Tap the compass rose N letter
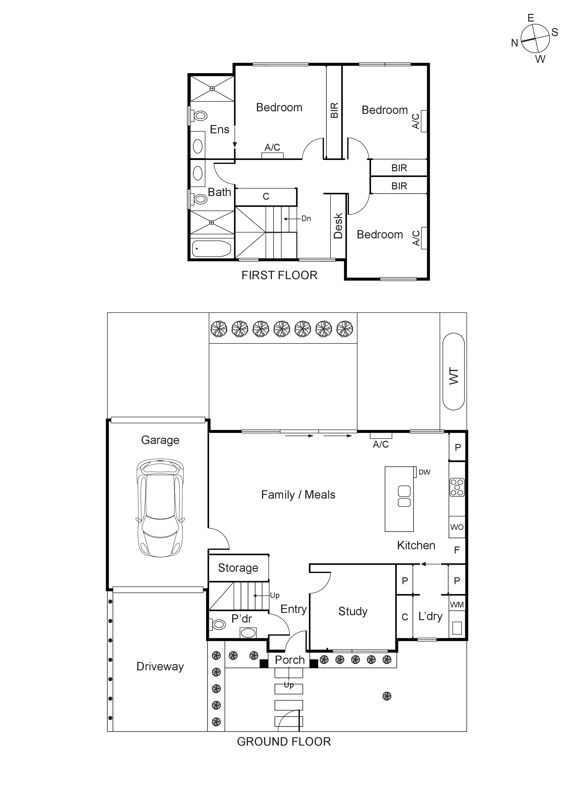click(x=515, y=43)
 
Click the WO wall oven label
click(x=457, y=527)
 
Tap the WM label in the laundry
click(x=457, y=605)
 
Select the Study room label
click(x=353, y=611)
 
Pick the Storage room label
click(x=238, y=568)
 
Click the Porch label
click(x=290, y=660)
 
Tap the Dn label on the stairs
click(x=306, y=219)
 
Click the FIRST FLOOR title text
click(x=279, y=275)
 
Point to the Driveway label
click(x=160, y=666)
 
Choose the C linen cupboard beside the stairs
click(x=266, y=197)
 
